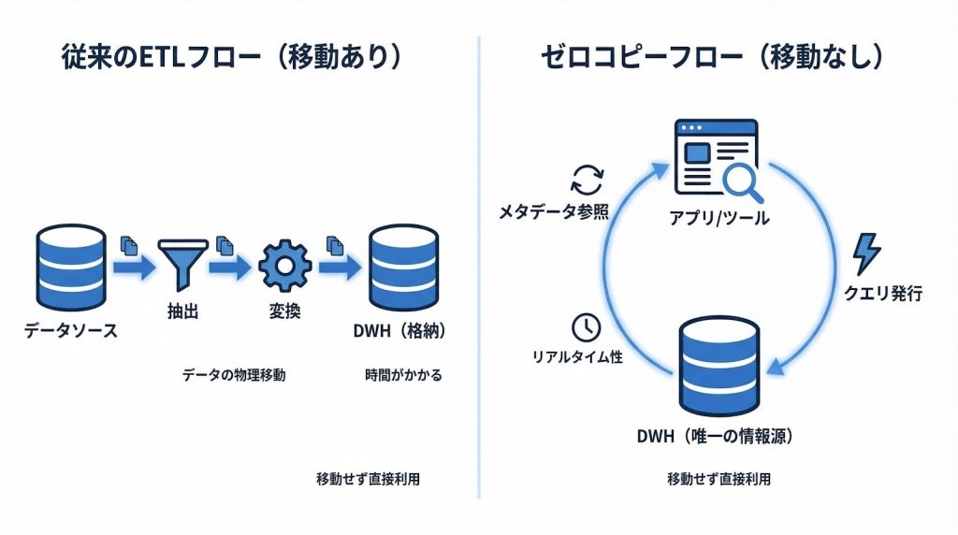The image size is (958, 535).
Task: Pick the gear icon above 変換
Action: (x=283, y=266)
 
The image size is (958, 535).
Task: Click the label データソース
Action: (x=71, y=330)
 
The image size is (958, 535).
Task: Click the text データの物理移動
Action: (x=233, y=375)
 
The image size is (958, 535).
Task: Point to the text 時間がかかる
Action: (x=403, y=375)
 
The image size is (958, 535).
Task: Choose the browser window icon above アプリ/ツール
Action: (x=713, y=159)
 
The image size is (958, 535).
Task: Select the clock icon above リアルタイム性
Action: (x=586, y=327)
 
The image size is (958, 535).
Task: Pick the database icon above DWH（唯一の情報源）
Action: (x=718, y=365)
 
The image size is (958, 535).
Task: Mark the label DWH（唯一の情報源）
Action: (x=718, y=437)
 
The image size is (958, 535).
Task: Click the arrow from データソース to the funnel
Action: (x=132, y=267)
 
